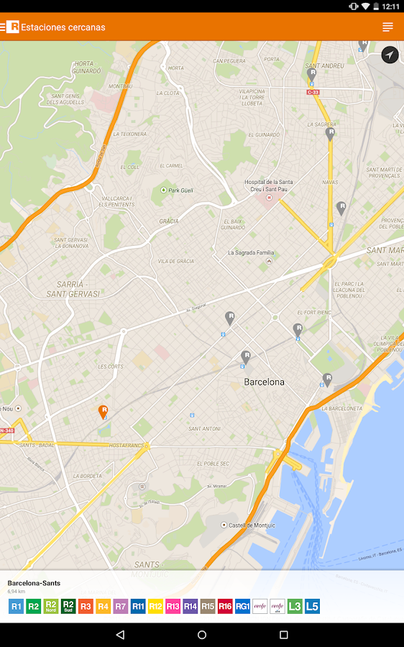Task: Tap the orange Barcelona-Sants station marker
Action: point(104,411)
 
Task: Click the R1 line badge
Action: point(16,606)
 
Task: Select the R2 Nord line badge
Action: point(50,606)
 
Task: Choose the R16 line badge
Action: point(225,606)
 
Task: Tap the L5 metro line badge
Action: point(312,606)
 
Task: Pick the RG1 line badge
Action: point(242,606)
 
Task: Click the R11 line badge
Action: point(138,606)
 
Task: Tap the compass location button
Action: point(390,55)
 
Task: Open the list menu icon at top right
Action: point(387,27)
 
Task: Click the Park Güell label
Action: point(180,191)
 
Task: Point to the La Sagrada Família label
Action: point(251,252)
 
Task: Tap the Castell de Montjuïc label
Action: point(252,526)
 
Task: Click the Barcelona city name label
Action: point(264,382)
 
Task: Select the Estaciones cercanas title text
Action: point(63,27)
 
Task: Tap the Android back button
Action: point(120,635)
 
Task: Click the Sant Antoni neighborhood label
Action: point(204,428)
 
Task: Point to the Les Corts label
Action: point(111,367)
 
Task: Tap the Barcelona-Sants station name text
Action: point(34,583)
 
